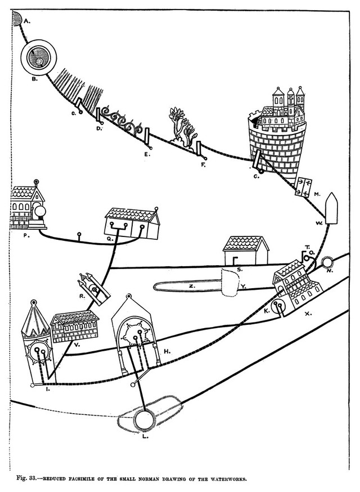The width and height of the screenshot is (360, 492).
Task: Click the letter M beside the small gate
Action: click(317, 194)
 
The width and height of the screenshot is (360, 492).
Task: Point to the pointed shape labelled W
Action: click(331, 208)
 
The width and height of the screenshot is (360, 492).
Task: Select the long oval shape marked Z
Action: click(188, 287)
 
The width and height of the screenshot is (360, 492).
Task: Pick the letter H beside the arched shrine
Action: click(167, 351)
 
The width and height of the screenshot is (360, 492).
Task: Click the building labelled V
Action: click(75, 326)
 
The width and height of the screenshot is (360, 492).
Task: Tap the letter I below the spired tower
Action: click(48, 390)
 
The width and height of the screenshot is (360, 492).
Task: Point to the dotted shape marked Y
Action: click(231, 283)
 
